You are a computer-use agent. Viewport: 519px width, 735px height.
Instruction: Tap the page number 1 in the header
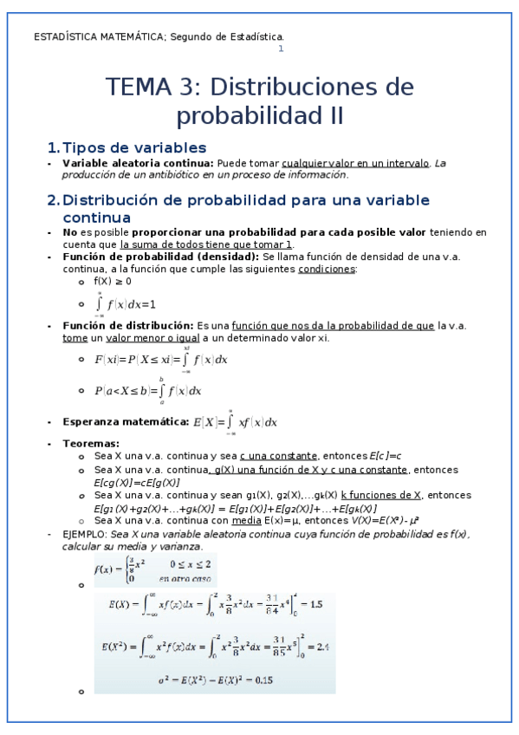click(280, 49)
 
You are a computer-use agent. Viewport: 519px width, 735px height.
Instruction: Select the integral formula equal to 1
click(125, 304)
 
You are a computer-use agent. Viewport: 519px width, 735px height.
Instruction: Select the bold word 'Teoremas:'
click(91, 444)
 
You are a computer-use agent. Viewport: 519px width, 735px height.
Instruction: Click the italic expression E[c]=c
click(386, 455)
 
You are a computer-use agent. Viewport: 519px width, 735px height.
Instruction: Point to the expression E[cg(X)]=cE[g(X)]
click(136, 482)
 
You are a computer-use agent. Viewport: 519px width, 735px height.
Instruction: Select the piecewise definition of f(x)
click(155, 570)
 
